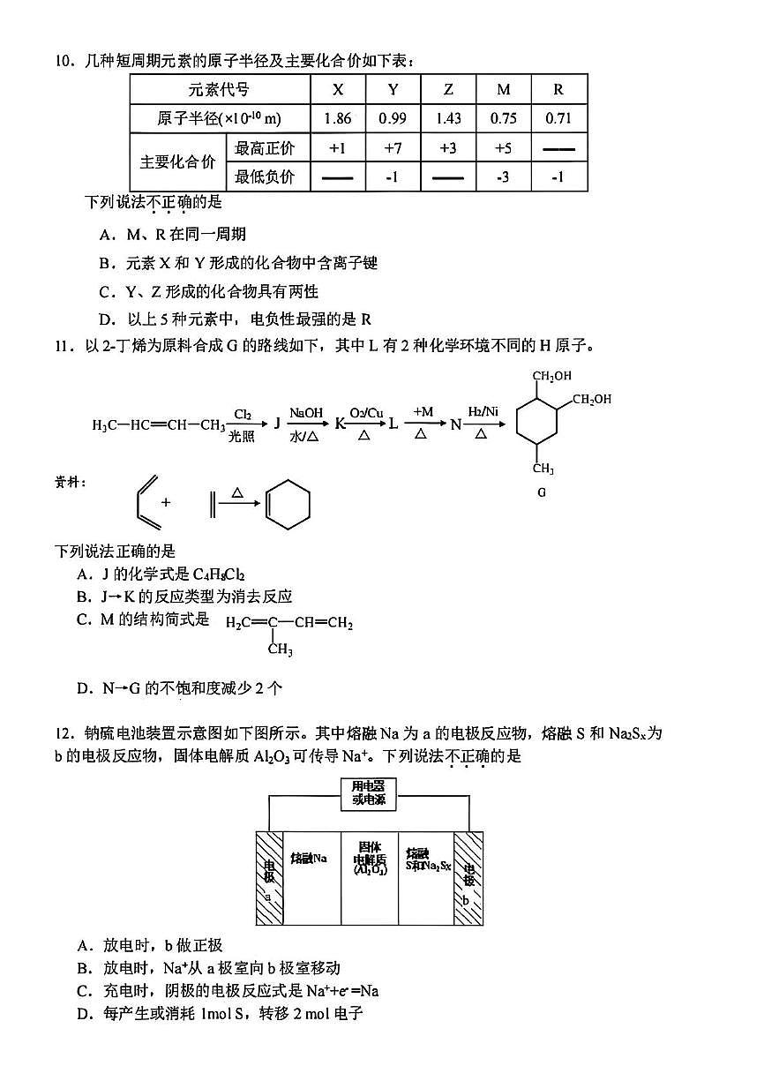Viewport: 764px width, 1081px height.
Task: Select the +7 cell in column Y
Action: tap(393, 148)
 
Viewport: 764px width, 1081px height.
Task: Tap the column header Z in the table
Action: tap(448, 89)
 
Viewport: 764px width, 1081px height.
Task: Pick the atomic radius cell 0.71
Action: tap(558, 118)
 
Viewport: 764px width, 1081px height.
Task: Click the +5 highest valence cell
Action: tap(503, 148)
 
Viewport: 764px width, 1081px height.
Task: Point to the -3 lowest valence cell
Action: tap(503, 177)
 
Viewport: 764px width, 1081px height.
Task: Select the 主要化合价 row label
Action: tap(177, 162)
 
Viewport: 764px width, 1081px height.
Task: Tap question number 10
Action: tap(63, 61)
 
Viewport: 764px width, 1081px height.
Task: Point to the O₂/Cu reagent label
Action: tap(362, 412)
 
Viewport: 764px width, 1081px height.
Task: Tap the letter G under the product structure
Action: tap(542, 492)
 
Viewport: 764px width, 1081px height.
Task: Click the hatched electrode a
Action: tap(269, 878)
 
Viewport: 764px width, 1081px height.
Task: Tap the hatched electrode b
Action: tap(468, 878)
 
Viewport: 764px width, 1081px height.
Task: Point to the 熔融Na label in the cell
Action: tap(309, 858)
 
